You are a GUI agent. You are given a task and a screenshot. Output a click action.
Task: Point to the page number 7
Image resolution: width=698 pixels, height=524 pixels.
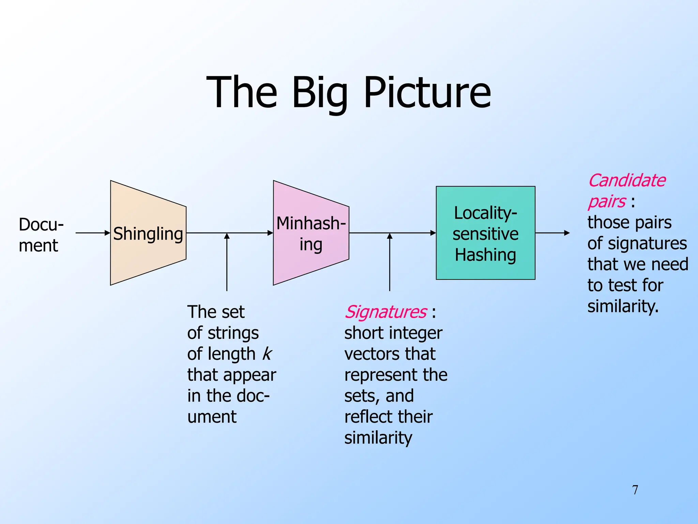point(635,490)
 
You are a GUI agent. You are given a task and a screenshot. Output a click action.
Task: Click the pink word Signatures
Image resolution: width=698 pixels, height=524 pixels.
point(385,312)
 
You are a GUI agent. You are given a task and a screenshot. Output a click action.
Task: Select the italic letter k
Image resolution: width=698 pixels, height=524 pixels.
point(267,354)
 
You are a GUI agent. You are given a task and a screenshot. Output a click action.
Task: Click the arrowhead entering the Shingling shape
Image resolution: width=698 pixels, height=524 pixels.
point(107,233)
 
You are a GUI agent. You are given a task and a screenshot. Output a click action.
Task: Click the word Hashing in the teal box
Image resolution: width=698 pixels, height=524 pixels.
point(485,255)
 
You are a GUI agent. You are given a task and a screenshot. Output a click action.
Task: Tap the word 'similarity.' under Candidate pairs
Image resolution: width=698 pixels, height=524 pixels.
point(623,306)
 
